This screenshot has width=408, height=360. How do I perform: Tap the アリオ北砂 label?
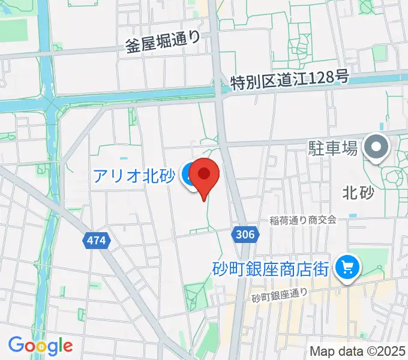coord(134,176)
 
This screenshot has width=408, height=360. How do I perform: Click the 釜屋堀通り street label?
coord(163,43)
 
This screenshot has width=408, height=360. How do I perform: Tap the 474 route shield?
coord(95,241)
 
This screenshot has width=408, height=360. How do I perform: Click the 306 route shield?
coord(243,233)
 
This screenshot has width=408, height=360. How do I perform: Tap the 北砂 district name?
coord(358,193)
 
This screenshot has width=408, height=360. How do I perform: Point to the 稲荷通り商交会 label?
coord(302,220)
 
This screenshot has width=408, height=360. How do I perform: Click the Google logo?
coord(40,346)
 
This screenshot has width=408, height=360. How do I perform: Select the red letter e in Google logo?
coord(67,346)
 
